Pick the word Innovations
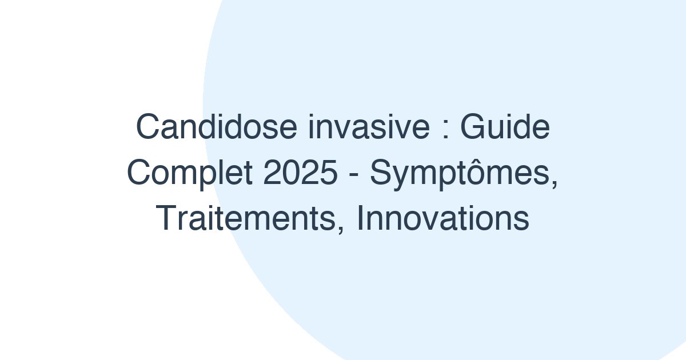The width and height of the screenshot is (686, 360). pos(443,219)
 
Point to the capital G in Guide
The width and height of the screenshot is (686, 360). pos(473,128)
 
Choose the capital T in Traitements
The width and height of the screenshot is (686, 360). pos(166,219)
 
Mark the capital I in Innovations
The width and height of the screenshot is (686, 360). pos(360,219)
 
